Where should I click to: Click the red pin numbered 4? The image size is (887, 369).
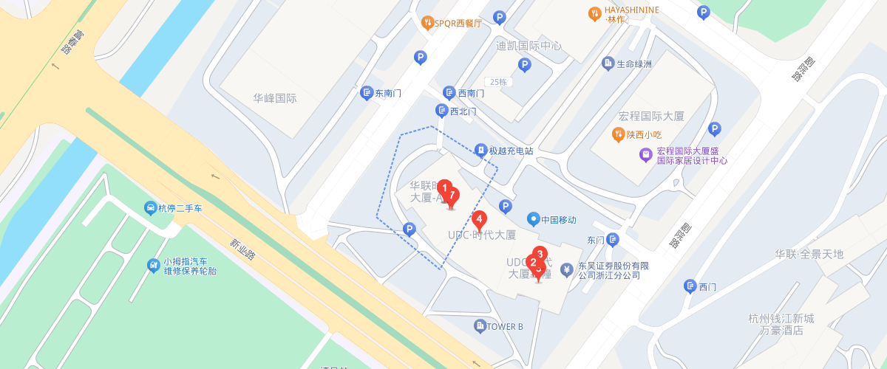479,219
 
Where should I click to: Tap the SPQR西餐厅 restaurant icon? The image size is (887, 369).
427,23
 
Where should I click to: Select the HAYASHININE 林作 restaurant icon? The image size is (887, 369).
594,13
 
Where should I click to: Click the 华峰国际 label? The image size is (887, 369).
274,98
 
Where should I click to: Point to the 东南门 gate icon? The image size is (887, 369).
367,93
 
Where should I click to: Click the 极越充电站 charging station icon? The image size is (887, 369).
480,151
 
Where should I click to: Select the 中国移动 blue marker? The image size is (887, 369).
533,219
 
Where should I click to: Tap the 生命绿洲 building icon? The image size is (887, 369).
608,63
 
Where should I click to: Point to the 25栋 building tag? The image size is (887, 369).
497,82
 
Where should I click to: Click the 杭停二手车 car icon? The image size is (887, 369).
150,208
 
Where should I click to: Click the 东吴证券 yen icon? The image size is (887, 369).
567,269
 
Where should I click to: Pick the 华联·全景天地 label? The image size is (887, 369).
809,255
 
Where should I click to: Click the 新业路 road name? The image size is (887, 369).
241,249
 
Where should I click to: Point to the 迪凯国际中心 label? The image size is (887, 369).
529,46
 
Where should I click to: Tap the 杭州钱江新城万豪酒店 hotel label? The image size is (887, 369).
781,324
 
